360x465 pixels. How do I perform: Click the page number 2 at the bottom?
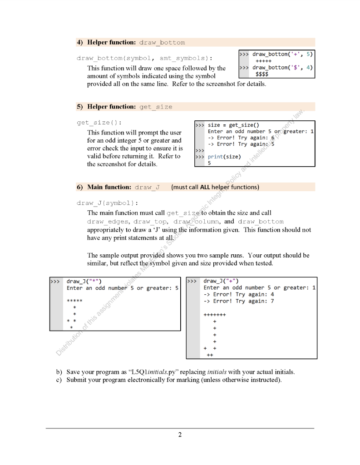click(180, 435)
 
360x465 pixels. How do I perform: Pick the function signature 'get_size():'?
click(99, 123)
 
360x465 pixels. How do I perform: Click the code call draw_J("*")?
click(84, 281)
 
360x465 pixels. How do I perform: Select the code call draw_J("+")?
click(222, 281)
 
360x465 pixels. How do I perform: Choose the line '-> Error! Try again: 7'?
click(239, 301)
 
